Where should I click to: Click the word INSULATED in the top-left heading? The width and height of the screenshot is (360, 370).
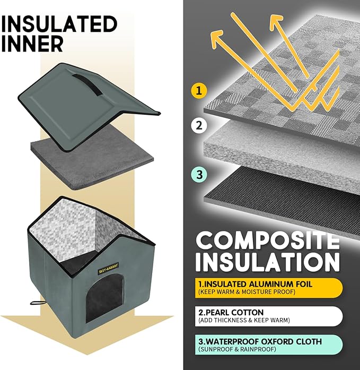coord(59,24)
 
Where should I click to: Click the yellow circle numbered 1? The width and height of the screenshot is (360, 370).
coord(198,91)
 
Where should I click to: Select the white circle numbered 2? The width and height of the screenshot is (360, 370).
coord(198,126)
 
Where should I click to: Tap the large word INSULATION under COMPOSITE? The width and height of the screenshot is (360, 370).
coord(267,263)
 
